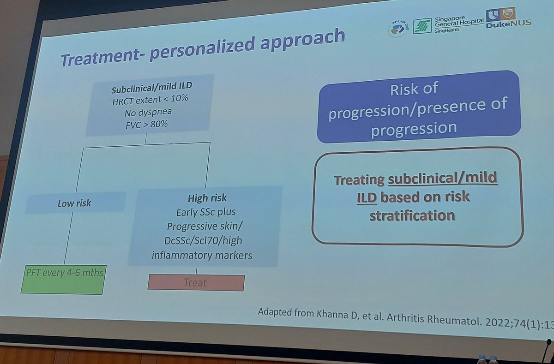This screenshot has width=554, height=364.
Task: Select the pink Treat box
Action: [x=196, y=282]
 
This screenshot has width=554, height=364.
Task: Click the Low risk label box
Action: [x=75, y=203]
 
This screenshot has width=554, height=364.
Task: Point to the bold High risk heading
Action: [x=207, y=198]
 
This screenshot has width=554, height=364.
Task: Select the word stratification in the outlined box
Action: [x=412, y=215]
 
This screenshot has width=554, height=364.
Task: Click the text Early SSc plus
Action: [x=206, y=212]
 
